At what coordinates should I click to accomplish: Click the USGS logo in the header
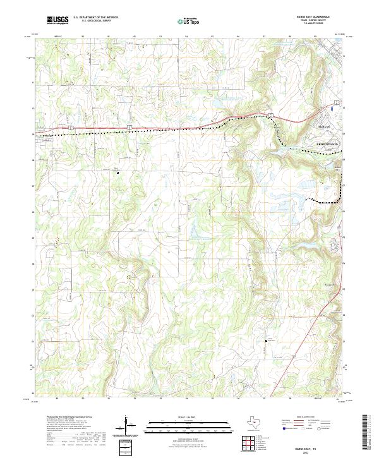pos(58,20)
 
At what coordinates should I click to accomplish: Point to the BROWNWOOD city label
pos(327,145)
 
